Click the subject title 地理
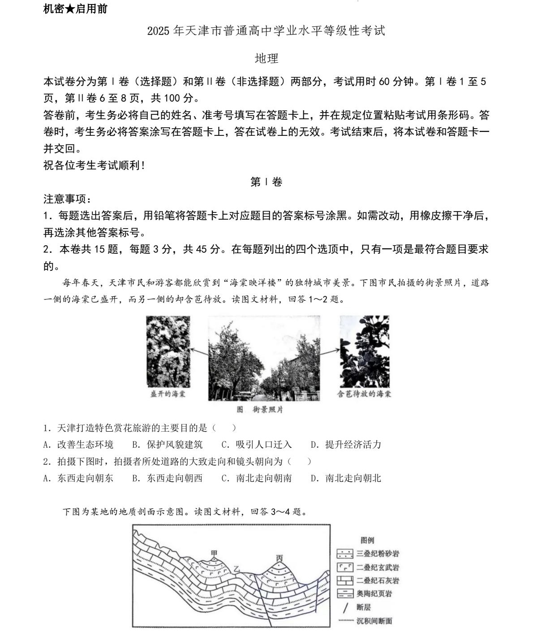tap(266, 58)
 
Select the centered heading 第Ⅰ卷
tap(266, 182)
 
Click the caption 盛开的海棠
tap(168, 394)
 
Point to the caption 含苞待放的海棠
tap(364, 394)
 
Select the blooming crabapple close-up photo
tap(168, 352)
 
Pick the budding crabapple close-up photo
tap(364, 351)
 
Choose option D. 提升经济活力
tap(346, 445)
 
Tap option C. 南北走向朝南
tap(257, 478)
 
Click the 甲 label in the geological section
tap(214, 554)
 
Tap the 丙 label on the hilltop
tap(279, 558)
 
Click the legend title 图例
tap(367, 541)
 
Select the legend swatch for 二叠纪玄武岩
tap(345, 567)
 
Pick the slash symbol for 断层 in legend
tap(345, 608)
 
